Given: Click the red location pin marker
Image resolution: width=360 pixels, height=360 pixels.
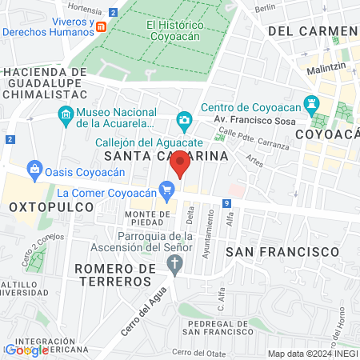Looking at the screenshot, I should coord(181,162).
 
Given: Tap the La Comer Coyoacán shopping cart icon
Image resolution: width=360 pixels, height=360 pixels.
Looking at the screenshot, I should coord(166,190).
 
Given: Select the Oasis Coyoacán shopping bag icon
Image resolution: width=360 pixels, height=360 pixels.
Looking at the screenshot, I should coord(34,169).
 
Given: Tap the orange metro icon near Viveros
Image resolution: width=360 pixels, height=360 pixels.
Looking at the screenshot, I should coord(101,26).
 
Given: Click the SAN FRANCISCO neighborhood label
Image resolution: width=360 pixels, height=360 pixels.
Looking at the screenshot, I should coord(282,251).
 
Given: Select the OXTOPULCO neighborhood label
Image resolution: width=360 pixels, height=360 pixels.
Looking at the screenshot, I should coord(46,207).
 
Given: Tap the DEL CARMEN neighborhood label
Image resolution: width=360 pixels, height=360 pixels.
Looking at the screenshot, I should coord(311,30).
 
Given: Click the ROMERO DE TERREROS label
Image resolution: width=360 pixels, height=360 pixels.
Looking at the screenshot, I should coord(114,274).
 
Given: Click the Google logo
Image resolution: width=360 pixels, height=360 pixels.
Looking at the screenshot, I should coord(26,350).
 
